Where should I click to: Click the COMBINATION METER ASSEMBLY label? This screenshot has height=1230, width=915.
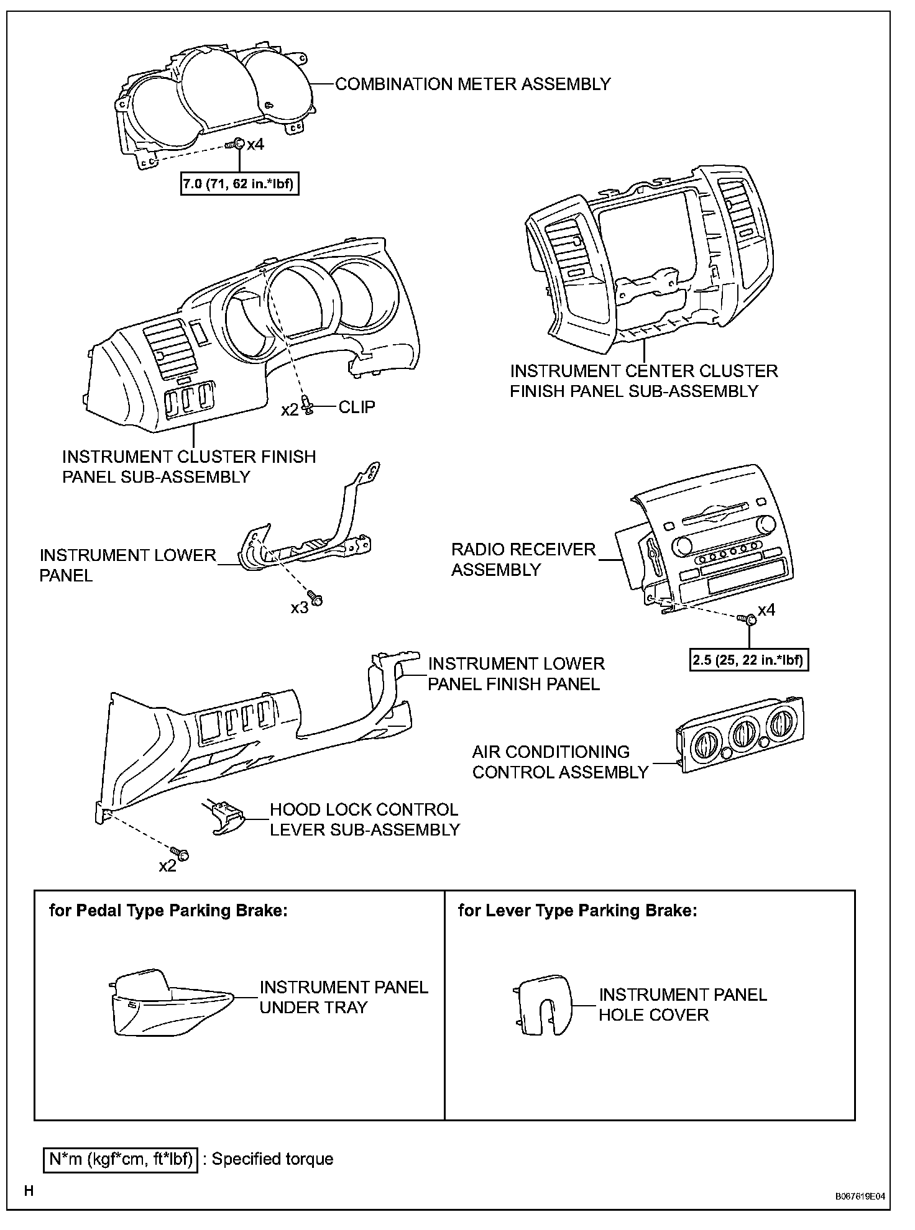click(472, 84)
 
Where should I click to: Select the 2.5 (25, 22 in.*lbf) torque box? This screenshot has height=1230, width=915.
click(749, 660)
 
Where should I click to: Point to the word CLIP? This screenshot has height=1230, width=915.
click(357, 407)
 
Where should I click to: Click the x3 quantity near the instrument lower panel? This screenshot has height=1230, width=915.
click(299, 608)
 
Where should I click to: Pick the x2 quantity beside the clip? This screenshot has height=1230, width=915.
click(290, 410)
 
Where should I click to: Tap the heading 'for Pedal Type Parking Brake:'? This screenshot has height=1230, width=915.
click(168, 911)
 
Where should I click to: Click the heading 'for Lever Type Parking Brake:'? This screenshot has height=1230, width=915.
click(577, 911)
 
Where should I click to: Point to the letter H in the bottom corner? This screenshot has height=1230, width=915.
click(29, 1191)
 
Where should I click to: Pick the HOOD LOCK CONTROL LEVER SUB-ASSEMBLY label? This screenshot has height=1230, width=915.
click(364, 819)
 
